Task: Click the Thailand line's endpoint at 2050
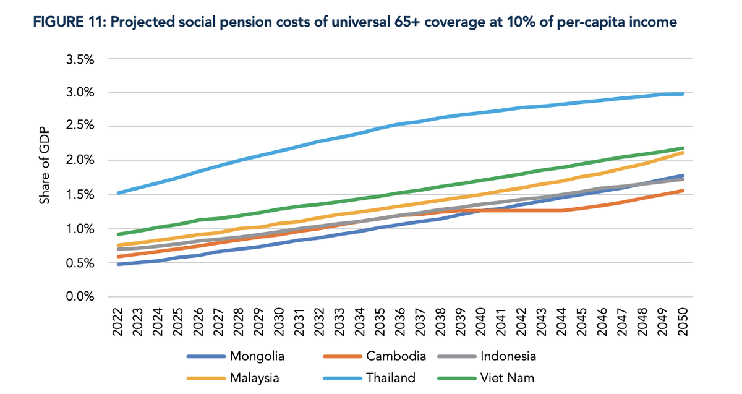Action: point(682,93)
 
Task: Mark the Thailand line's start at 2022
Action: point(117,193)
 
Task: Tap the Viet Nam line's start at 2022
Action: point(117,234)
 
